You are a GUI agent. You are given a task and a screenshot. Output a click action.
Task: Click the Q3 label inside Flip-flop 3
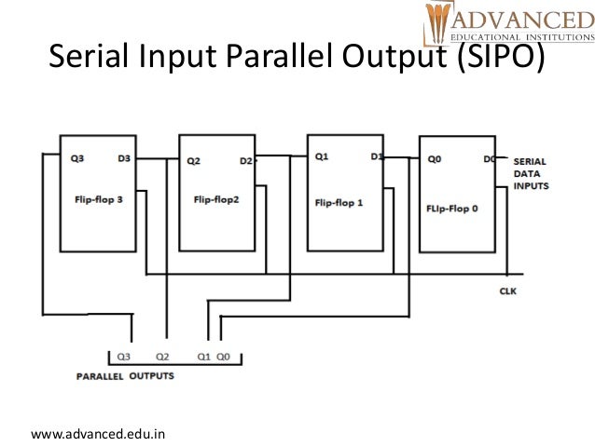pos(76,158)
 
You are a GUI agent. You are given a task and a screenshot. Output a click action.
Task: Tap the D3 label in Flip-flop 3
pos(124,158)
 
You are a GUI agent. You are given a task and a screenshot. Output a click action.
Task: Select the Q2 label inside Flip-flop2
pos(194,160)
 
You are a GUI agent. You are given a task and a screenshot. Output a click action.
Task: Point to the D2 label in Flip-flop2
pos(245,160)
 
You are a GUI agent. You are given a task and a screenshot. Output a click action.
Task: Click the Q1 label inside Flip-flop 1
pos(322,156)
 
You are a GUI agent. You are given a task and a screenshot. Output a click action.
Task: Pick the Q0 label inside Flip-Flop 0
pos(435,159)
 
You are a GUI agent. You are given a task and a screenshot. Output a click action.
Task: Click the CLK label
pos(508,291)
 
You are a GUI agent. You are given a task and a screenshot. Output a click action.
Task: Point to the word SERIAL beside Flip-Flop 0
pos(530,161)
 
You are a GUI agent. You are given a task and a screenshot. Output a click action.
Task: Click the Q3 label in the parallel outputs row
pos(125,356)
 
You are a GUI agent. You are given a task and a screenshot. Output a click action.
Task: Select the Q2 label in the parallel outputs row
pos(162,356)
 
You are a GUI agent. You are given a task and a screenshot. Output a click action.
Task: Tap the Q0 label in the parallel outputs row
pos(223,356)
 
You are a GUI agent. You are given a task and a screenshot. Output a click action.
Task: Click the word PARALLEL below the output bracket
pos(98,378)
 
